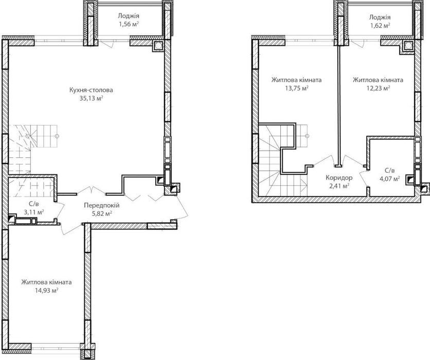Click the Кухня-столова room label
tap(91, 90)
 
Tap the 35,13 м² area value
tap(91, 98)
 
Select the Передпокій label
tap(101, 205)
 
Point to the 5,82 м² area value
tap(101, 213)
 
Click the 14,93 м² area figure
tap(46, 291)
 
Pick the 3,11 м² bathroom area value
tap(34, 212)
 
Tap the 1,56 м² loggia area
tap(129, 24)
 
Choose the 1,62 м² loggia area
tap(380, 26)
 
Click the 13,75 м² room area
tap(297, 88)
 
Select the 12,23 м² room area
tap(379, 88)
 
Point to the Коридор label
tap(339, 177)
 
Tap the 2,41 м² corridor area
tap(339, 186)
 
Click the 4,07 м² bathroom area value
tap(389, 179)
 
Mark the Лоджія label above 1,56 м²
tap(129, 15)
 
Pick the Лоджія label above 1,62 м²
tap(380, 17)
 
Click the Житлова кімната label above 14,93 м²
tap(47, 282)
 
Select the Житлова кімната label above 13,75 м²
tap(297, 80)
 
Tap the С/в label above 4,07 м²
tap(389, 171)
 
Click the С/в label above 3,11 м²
tap(34, 204)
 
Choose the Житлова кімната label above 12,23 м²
tap(378, 80)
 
